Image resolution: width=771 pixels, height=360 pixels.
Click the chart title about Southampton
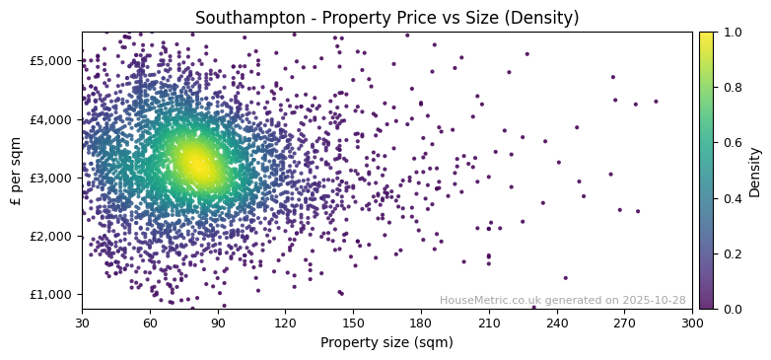pos(386,18)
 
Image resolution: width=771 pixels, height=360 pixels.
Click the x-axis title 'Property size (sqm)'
pos(386,343)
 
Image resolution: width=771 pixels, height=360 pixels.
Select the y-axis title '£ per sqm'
pos(16,171)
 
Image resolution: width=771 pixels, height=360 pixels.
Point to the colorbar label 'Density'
pos(755,171)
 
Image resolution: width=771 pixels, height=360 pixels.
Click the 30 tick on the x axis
pos(82,323)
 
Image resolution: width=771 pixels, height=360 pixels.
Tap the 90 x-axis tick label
pos(218,323)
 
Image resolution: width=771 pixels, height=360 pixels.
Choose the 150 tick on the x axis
pos(353,323)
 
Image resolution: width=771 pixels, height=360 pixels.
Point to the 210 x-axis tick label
pos(489,323)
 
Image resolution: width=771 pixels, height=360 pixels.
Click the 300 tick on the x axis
pos(692,323)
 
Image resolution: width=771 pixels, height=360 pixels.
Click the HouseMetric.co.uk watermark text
pos(562,300)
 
